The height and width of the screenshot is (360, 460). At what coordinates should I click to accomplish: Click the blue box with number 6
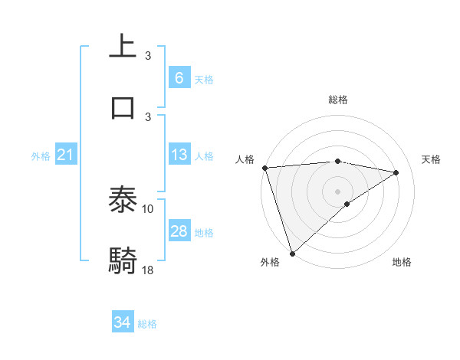tap(179, 77)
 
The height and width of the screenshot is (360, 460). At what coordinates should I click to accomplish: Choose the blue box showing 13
tap(179, 155)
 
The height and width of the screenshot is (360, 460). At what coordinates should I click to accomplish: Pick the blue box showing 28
tap(179, 231)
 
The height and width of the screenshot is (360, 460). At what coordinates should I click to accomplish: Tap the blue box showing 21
tap(65, 155)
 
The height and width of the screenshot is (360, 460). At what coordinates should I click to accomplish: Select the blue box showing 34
tap(123, 322)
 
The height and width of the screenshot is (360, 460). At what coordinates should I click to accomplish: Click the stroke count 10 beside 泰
tap(148, 208)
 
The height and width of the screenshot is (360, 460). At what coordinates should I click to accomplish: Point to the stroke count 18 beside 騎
tap(148, 270)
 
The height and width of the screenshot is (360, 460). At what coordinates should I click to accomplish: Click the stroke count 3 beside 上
tap(148, 56)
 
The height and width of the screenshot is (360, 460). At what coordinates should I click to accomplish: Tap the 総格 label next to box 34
tap(147, 324)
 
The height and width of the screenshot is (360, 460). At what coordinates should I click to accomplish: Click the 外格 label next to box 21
tap(41, 156)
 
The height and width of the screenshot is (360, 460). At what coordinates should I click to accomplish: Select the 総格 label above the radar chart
tap(337, 100)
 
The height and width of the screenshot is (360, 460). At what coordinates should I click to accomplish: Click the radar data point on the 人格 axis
tap(264, 168)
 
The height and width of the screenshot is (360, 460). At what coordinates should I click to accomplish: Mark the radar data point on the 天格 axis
tap(396, 172)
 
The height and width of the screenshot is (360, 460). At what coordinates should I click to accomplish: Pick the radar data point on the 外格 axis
tap(292, 253)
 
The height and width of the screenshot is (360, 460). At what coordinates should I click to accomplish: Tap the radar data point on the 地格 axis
tap(347, 204)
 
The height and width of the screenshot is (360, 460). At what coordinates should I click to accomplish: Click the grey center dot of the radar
tap(337, 191)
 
